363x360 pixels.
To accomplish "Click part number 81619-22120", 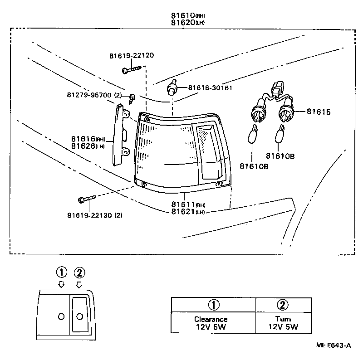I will (131, 55).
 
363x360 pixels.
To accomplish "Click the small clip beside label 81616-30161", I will (172, 88).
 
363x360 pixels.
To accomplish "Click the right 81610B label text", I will (280, 156).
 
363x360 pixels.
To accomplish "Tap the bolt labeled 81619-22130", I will (86, 199).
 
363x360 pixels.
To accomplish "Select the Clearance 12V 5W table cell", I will (211, 323).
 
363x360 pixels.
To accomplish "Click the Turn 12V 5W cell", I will (283, 323).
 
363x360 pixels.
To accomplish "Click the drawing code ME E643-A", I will (334, 345).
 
